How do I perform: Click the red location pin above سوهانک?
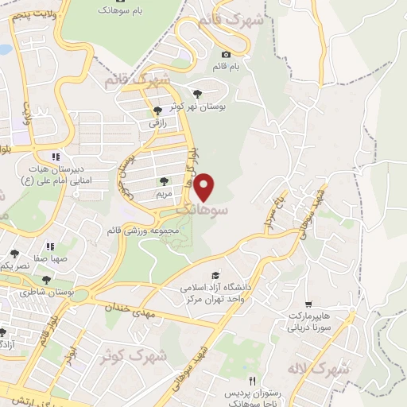click(x=205, y=186)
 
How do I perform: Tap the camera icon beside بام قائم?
click(x=227, y=56)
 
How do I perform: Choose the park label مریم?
click(x=164, y=193)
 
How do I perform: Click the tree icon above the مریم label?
click(x=164, y=181)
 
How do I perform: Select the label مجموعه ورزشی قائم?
click(x=141, y=230)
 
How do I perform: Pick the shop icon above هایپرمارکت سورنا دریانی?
click(x=308, y=304)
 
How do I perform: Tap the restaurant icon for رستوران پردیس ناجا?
click(x=253, y=381)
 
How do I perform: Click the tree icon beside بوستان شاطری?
click(x=46, y=280)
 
